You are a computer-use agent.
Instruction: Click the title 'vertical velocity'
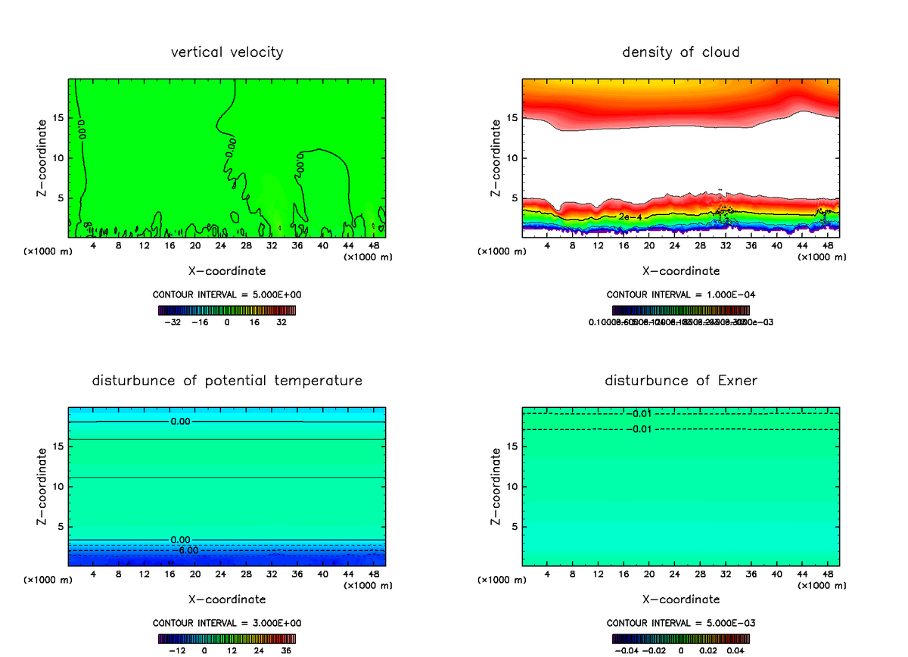(x=227, y=52)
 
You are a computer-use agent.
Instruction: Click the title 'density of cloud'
(x=680, y=52)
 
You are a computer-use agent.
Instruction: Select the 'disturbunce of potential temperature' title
(x=227, y=380)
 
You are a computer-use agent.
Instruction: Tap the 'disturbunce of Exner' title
(x=680, y=380)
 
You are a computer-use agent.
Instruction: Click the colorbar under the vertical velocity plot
(x=227, y=310)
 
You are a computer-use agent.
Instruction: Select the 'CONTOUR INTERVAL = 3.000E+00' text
(x=227, y=623)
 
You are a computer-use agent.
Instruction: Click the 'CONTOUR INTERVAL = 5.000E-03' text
(x=681, y=623)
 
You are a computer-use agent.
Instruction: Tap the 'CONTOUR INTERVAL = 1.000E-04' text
(x=681, y=294)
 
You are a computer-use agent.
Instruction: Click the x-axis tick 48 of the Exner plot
(x=828, y=574)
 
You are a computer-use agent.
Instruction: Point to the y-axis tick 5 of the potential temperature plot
(x=61, y=527)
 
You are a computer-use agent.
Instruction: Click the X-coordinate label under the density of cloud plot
(x=681, y=270)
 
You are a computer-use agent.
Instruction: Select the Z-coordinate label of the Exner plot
(x=496, y=486)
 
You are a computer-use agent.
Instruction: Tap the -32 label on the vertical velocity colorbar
(x=174, y=322)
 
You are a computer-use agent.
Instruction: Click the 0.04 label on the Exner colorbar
(x=735, y=650)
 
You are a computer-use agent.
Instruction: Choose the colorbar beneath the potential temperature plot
(x=227, y=639)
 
